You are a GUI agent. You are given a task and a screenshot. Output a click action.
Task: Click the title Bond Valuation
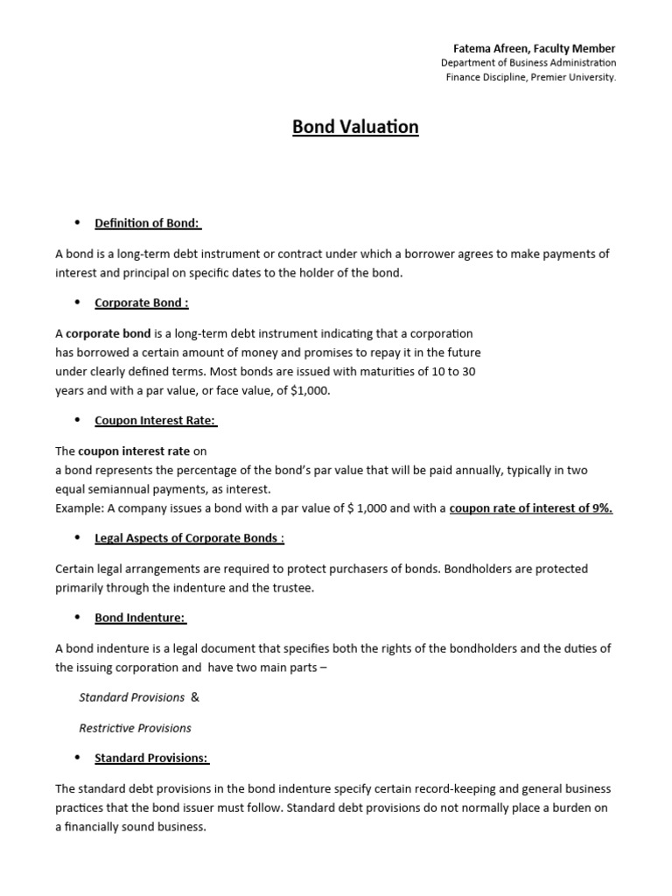point(355,127)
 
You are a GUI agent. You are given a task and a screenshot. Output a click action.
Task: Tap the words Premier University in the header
point(572,77)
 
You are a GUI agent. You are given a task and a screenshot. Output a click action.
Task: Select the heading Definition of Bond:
point(148,223)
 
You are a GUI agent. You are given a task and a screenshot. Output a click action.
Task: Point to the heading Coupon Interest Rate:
point(155,420)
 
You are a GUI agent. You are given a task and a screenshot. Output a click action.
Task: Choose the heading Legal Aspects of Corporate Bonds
point(188,537)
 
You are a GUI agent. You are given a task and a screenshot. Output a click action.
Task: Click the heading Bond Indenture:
point(140,617)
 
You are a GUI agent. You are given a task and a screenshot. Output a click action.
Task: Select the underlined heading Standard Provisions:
point(151,758)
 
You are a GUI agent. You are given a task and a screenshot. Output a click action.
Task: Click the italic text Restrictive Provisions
point(135,728)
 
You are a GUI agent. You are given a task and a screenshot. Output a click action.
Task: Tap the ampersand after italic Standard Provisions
point(195,697)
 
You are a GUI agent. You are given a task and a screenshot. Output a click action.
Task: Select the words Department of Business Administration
point(528,63)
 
